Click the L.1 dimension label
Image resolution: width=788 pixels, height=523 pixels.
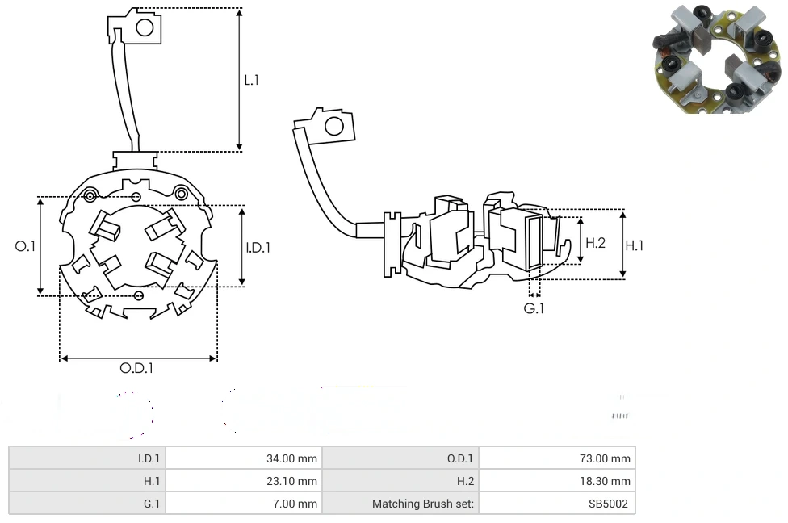pos(252,80)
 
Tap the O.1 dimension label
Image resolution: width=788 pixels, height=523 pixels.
pos(25,246)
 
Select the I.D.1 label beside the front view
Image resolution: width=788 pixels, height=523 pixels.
pos(258,248)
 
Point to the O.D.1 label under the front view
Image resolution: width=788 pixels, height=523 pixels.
pos(136,368)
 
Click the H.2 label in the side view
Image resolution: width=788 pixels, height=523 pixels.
pos(595,242)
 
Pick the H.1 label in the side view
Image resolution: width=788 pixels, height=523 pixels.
pos(635,245)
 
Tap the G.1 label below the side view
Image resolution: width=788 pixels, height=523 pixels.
pos(534,309)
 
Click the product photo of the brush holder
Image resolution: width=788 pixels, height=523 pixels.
pos(715,58)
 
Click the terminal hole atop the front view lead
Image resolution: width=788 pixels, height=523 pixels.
pos(145,27)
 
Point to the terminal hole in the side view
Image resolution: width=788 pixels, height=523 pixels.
pos(333,126)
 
